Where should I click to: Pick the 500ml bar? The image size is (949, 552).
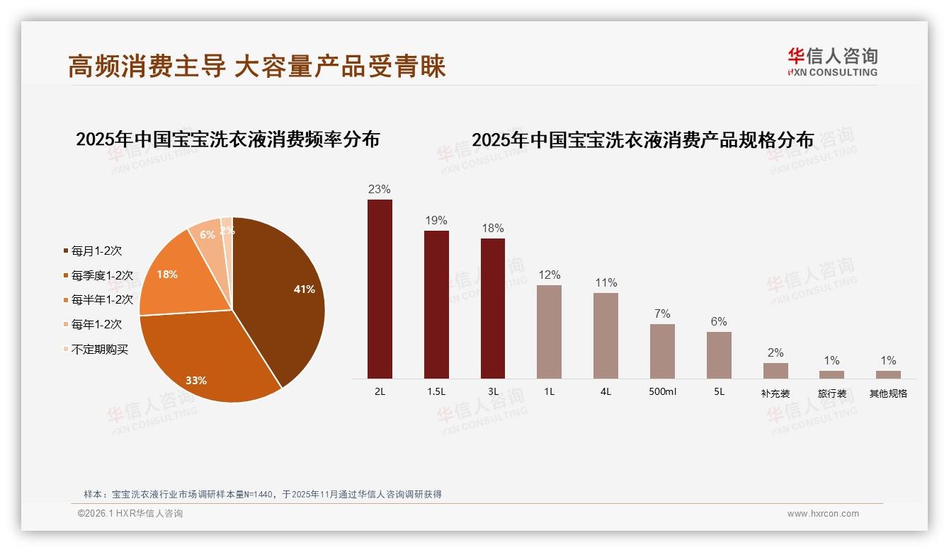662,351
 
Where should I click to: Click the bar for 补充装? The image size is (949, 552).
775,371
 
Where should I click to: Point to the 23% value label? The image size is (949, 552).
380,189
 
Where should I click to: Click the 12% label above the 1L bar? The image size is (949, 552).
549,275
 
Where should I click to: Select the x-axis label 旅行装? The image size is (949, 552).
832,393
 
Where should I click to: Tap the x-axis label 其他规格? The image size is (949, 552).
888,393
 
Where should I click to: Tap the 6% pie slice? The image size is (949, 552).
207,236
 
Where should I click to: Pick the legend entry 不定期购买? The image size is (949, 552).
100,349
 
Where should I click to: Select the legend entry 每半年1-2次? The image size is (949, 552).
103,300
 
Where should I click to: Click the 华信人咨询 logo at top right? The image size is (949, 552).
832,62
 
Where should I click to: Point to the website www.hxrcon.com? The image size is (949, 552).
823,514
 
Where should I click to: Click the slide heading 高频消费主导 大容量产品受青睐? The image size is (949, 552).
257,67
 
